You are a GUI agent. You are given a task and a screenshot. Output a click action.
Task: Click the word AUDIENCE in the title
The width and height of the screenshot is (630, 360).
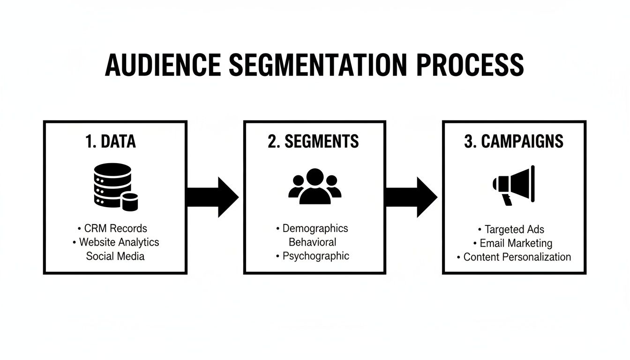pyautogui.click(x=162, y=65)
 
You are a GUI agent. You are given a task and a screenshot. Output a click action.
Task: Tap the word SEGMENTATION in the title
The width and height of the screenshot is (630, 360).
pyautogui.click(x=318, y=65)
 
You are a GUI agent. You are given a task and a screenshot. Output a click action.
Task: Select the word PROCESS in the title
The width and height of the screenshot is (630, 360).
pyautogui.click(x=470, y=65)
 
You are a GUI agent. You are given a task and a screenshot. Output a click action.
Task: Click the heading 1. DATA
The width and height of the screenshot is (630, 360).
pyautogui.click(x=111, y=142)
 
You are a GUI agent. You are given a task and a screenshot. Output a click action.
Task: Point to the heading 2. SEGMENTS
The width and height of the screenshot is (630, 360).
pyautogui.click(x=313, y=142)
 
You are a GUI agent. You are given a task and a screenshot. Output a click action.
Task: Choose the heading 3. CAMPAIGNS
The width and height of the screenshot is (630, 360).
pyautogui.click(x=514, y=142)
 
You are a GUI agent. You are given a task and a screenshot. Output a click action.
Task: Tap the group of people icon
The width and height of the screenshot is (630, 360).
pyautogui.click(x=315, y=187)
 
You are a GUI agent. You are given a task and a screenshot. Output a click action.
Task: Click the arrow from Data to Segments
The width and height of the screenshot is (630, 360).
pyautogui.click(x=212, y=197)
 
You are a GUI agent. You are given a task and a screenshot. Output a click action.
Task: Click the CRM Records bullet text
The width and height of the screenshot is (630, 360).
pyautogui.click(x=115, y=228)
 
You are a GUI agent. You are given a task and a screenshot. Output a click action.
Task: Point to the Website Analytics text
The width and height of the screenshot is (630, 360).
pyautogui.click(x=119, y=242)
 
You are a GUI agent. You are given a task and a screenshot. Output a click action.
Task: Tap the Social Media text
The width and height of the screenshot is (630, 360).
pyautogui.click(x=115, y=256)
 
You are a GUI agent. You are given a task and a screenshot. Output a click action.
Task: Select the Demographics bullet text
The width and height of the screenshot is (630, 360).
pyautogui.click(x=315, y=228)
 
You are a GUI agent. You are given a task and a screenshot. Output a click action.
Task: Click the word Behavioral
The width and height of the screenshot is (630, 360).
pyautogui.click(x=312, y=242)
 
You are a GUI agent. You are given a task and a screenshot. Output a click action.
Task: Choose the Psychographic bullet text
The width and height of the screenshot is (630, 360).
pyautogui.click(x=315, y=256)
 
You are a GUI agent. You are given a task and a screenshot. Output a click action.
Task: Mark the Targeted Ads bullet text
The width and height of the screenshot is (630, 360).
pyautogui.click(x=514, y=229)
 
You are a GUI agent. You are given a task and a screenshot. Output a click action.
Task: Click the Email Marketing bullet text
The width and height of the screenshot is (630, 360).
pyautogui.click(x=516, y=243)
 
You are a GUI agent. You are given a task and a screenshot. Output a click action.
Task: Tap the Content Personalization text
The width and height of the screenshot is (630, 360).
pyautogui.click(x=517, y=257)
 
